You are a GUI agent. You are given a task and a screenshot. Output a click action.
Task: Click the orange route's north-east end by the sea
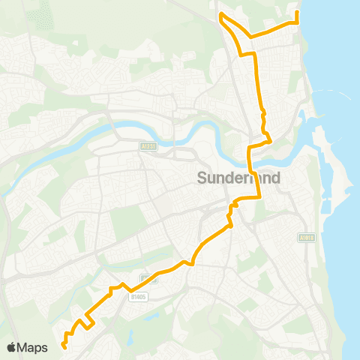(297, 13)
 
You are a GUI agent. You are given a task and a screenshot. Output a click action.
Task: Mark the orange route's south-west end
(64, 347)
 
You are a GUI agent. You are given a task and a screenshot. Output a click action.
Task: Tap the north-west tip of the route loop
(220, 15)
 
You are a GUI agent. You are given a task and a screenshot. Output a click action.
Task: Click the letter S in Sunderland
(201, 178)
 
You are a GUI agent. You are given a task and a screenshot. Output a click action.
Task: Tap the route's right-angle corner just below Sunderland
(259, 196)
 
